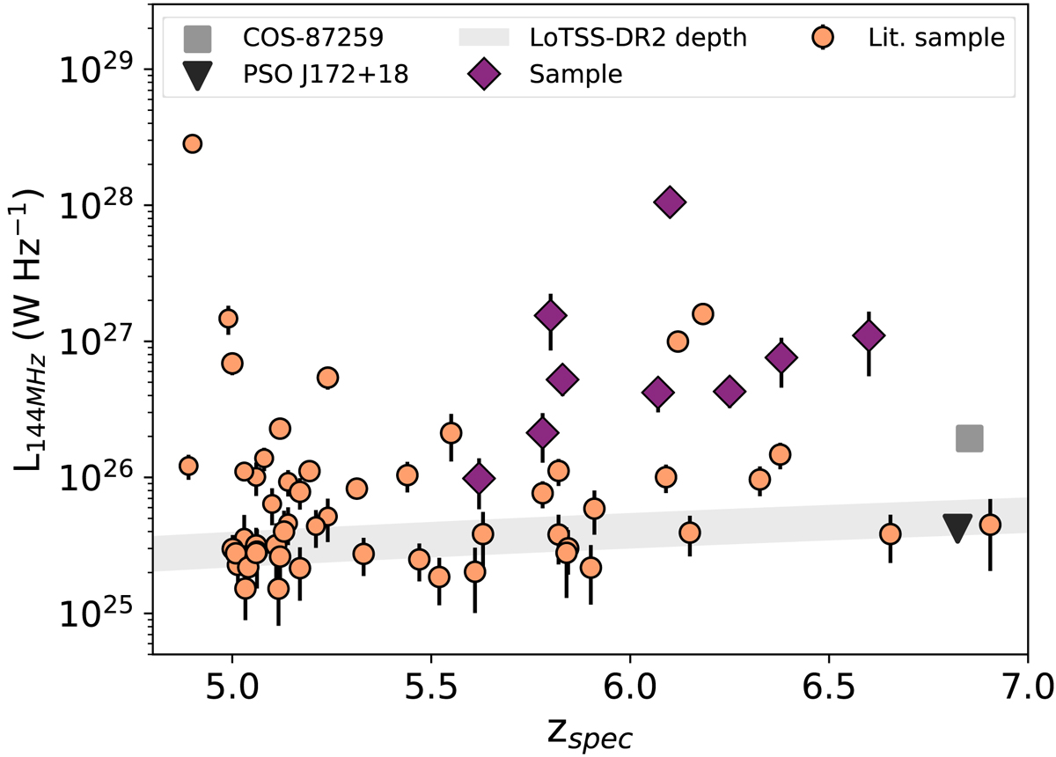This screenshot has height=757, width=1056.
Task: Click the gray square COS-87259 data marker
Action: pyautogui.click(x=970, y=437)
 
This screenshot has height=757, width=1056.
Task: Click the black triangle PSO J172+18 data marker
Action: pyautogui.click(x=957, y=527)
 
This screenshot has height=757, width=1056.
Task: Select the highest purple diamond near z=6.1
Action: pyautogui.click(x=670, y=202)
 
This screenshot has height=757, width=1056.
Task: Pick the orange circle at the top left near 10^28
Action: pyautogui.click(x=192, y=143)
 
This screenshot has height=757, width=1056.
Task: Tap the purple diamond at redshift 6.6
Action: pyautogui.click(x=869, y=335)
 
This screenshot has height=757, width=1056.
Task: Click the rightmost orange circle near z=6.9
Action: pyautogui.click(x=990, y=525)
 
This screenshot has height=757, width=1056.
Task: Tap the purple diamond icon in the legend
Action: pyautogui.click(x=487, y=75)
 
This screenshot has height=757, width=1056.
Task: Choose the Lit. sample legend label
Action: pyautogui.click(x=935, y=38)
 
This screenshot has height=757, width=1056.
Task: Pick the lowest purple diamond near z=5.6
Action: pyautogui.click(x=479, y=479)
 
